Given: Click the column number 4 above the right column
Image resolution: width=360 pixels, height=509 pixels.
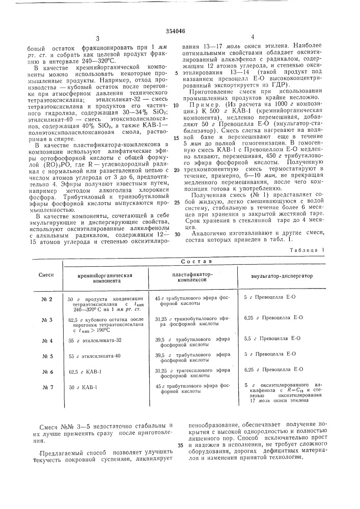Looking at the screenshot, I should point(252,38).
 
